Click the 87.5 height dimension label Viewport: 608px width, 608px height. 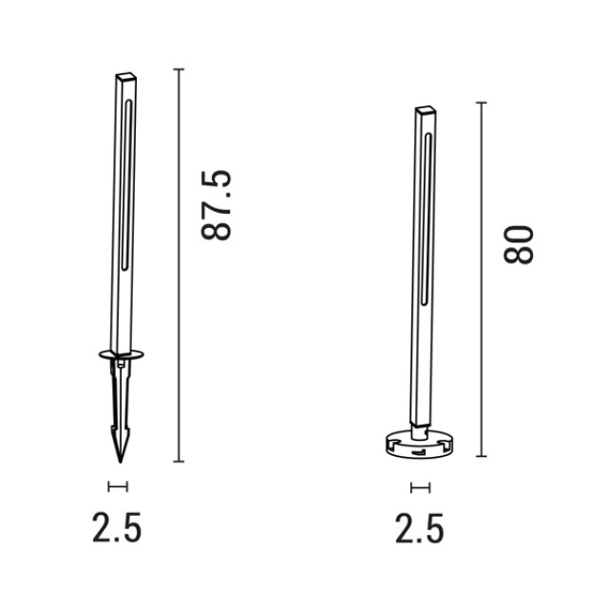point(217,205)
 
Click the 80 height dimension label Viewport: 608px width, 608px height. point(519,245)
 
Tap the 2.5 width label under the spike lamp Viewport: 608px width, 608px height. point(117,527)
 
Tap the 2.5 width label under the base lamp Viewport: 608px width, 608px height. point(420,528)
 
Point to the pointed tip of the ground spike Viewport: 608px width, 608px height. point(121,463)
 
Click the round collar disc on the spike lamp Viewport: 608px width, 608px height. point(122,354)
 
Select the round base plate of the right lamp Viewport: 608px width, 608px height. point(419,446)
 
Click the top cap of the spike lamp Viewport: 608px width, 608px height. point(126,75)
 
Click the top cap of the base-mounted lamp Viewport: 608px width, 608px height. point(426,109)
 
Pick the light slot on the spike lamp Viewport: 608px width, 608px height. point(126,185)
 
